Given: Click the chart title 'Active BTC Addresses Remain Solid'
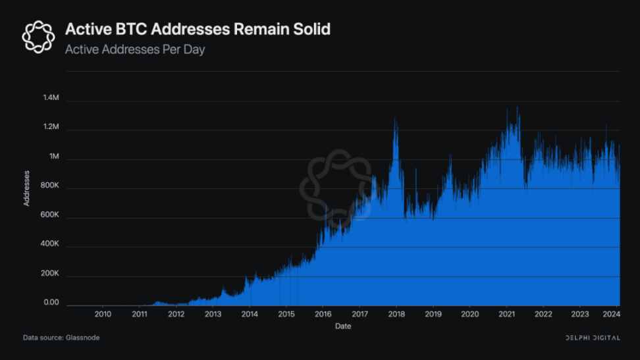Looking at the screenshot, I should point(198,30).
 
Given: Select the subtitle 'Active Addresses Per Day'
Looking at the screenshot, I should point(135,50).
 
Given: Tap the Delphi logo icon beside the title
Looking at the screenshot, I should point(39,36).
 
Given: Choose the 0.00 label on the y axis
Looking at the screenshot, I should point(51,303).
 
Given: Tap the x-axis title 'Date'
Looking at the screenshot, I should point(343,326).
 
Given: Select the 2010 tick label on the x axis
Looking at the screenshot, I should point(103,315).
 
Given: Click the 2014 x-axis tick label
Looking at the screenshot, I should point(250,315).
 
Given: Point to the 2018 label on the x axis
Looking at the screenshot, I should point(396,315).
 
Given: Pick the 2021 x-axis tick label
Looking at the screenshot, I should point(506,315).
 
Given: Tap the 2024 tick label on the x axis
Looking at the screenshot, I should point(612,315).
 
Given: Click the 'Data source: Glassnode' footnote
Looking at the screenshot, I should point(61,338).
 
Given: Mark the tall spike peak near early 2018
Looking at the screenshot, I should point(395,119).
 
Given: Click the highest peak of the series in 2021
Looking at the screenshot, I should point(517,107).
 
